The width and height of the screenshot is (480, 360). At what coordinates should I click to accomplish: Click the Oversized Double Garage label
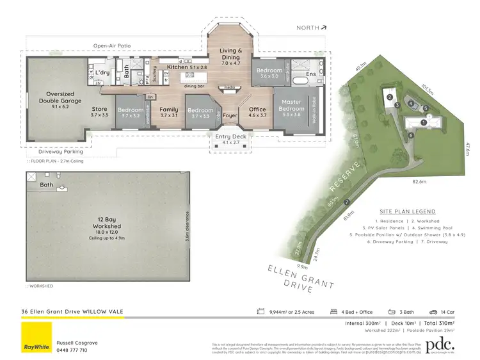[57, 96]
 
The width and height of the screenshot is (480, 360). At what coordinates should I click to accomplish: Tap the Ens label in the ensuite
[311, 74]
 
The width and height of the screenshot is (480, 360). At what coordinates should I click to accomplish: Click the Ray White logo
[36, 338]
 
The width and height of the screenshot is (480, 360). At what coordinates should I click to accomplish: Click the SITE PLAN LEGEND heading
[407, 211]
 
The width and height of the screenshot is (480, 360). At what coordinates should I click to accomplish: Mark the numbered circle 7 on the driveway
[347, 202]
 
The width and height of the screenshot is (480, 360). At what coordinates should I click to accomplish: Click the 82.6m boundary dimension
[419, 182]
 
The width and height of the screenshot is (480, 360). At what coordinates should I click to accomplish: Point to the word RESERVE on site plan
[345, 177]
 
